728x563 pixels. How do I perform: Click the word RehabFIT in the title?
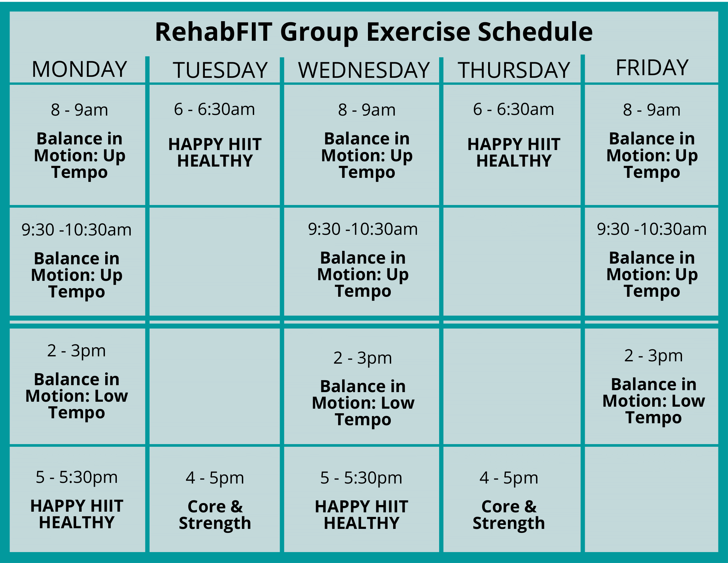214,32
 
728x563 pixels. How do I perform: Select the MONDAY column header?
79,69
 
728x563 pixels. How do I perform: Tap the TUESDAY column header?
220,70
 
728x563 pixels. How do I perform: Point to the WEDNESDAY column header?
364,70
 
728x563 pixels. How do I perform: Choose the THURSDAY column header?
514,70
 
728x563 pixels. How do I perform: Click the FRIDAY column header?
652,68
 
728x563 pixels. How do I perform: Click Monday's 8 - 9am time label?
79,110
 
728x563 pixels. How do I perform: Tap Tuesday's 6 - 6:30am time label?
214,109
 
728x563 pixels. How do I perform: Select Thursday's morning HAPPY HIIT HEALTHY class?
514,152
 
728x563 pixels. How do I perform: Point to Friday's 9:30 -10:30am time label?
652,229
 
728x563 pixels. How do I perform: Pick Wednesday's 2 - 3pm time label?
363,358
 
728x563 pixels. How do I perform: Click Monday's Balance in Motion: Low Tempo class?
77,396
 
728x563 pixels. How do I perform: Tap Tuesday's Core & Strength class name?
215,515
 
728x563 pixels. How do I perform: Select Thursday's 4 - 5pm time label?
509,478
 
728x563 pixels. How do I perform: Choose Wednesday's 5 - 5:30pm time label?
361,478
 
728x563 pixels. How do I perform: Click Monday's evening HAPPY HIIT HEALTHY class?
77,514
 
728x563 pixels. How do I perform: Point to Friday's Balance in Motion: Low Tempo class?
654,401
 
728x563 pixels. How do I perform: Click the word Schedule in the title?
535,32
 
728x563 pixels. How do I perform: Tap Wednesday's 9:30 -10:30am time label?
363,229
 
